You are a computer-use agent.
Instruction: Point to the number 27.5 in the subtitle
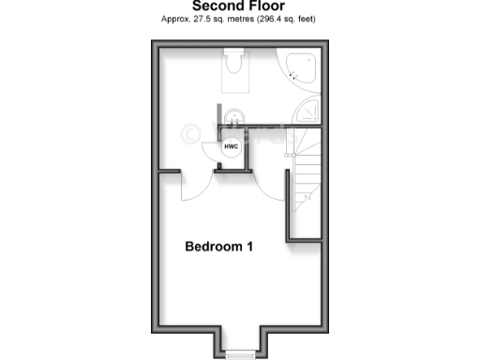(x=204, y=19)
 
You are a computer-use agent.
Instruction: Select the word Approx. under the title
(x=177, y=19)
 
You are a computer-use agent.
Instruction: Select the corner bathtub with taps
(x=303, y=68)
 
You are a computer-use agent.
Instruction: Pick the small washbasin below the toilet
(x=234, y=117)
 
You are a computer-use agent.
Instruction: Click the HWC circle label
(x=231, y=146)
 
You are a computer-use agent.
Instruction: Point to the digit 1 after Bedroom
(x=249, y=247)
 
